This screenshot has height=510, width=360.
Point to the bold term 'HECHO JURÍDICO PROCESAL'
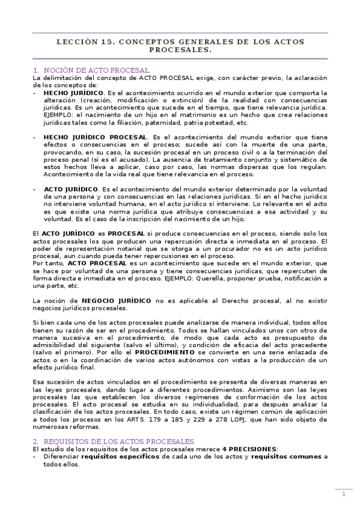[95, 137]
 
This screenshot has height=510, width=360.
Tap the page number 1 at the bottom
[344, 494]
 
